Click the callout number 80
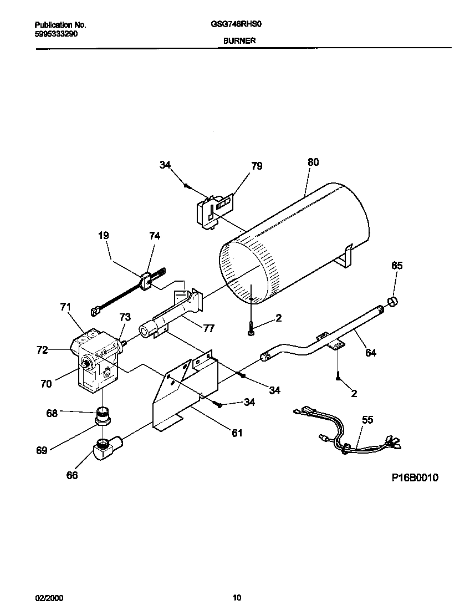pyautogui.click(x=313, y=162)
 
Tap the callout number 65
pyautogui.click(x=397, y=266)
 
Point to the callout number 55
pyautogui.click(x=367, y=420)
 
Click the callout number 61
pyautogui.click(x=237, y=433)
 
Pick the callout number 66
pyautogui.click(x=72, y=475)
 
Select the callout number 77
pyautogui.click(x=208, y=328)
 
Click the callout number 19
pyautogui.click(x=103, y=236)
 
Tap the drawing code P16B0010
pyautogui.click(x=411, y=477)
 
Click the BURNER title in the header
pyautogui.click(x=239, y=40)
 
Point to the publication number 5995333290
pyautogui.click(x=56, y=33)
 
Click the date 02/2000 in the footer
pyautogui.click(x=49, y=598)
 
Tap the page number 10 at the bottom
pyautogui.click(x=237, y=598)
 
